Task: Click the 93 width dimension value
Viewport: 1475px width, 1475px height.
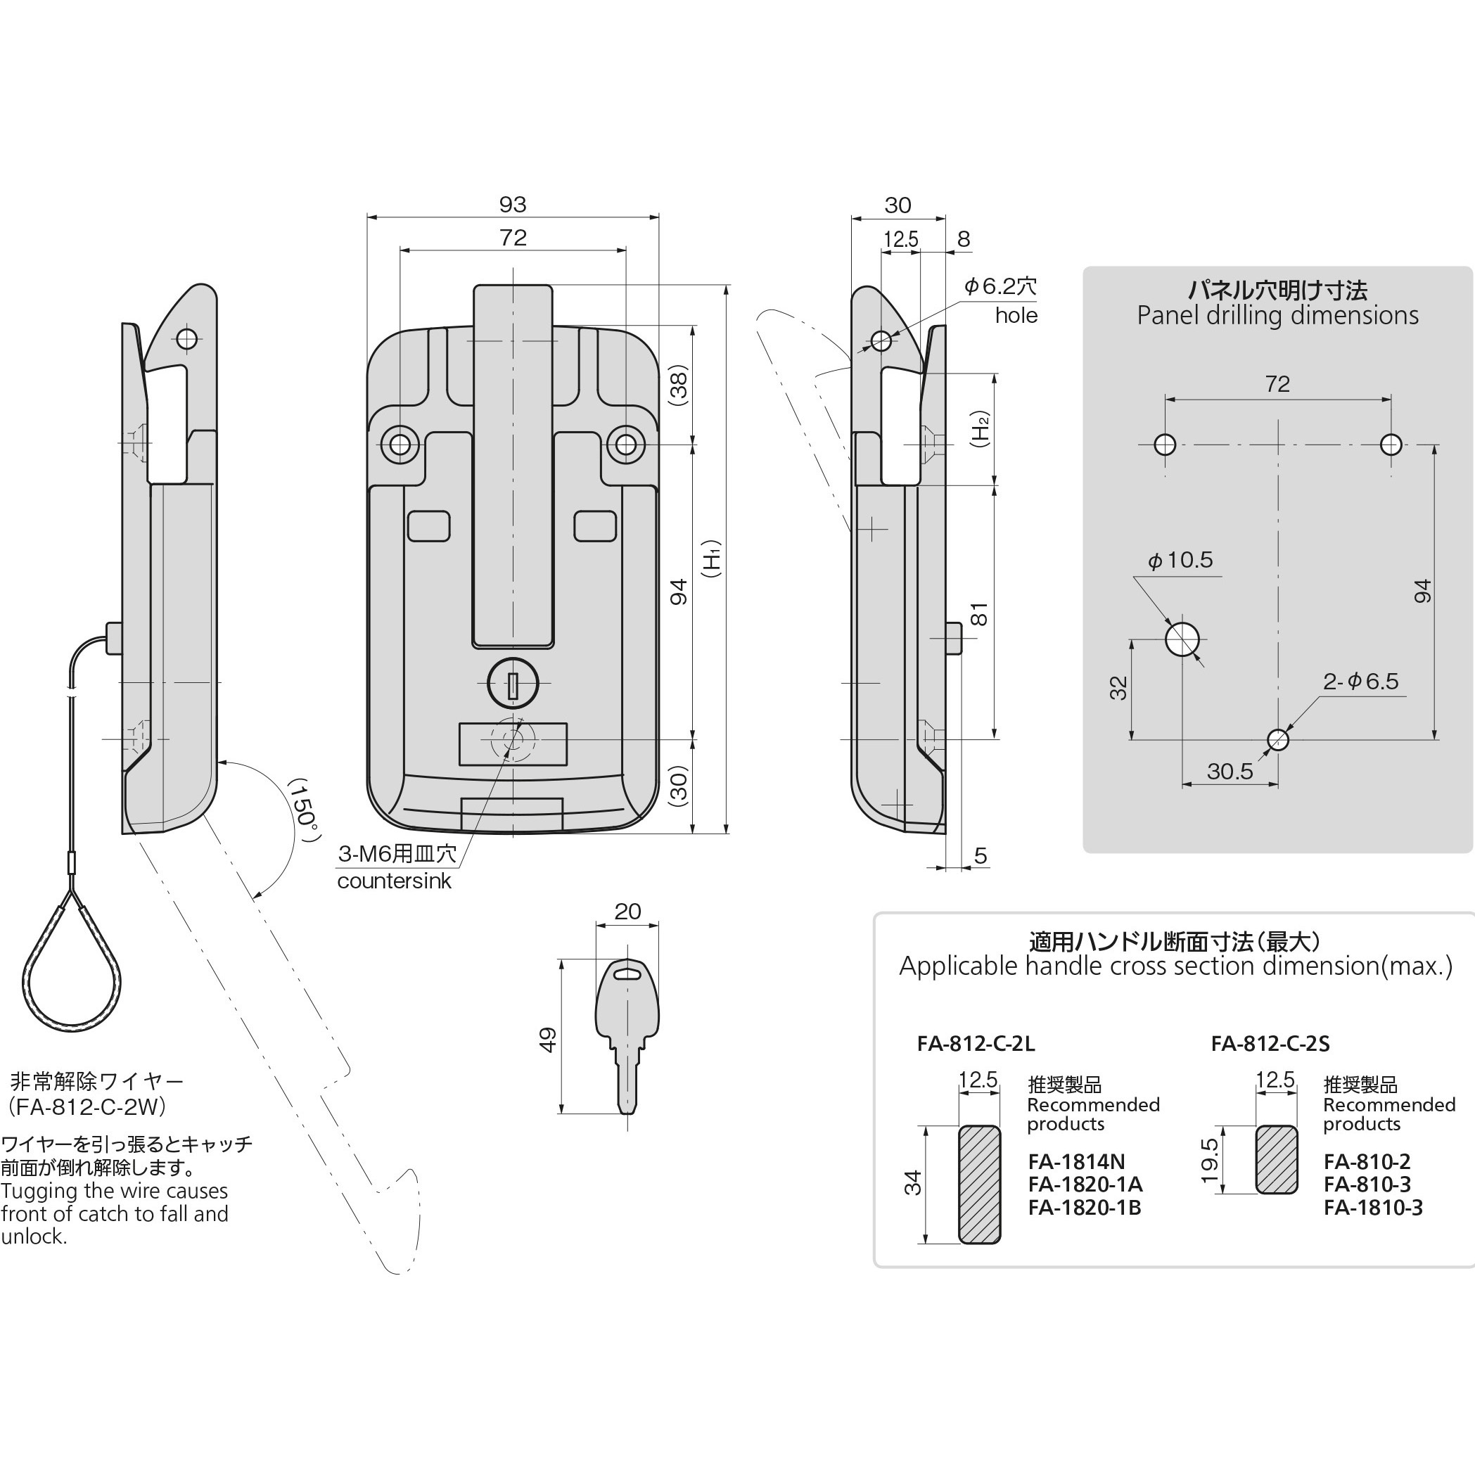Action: click(513, 205)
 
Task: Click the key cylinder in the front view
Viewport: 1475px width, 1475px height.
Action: click(513, 682)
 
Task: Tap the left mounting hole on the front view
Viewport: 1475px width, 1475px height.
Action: click(400, 445)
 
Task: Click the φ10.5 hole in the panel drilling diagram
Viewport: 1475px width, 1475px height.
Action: click(1182, 639)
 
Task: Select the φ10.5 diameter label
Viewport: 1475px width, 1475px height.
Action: click(1180, 561)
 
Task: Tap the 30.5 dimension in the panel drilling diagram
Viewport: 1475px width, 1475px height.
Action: click(1230, 771)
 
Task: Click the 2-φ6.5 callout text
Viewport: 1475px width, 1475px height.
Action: click(1361, 681)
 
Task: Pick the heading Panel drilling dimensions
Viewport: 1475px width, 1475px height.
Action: click(1277, 315)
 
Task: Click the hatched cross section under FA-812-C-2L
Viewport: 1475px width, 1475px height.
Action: click(980, 1184)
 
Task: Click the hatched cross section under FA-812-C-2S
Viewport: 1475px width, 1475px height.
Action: click(1277, 1159)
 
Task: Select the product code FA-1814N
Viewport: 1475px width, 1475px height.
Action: click(1076, 1162)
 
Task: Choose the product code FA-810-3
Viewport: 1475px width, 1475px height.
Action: click(1367, 1185)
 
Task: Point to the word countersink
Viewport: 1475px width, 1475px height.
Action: click(394, 881)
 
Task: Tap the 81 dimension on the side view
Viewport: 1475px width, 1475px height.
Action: click(980, 614)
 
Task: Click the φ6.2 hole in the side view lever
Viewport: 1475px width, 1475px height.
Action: click(881, 340)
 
